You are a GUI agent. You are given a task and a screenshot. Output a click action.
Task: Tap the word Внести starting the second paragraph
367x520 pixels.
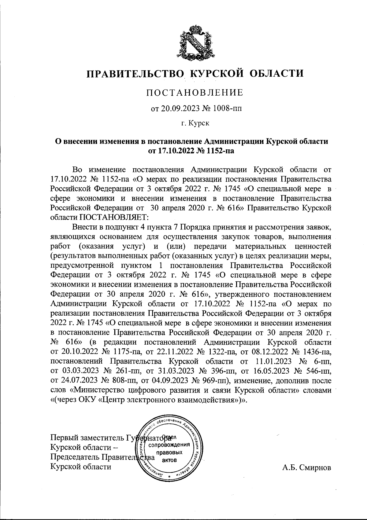(84, 227)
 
